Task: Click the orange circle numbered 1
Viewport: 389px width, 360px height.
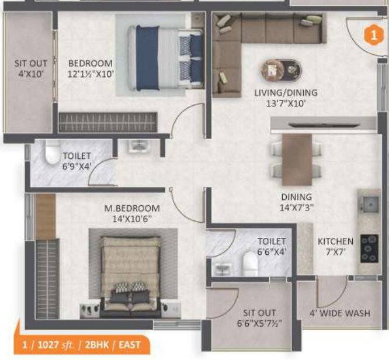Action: (x=370, y=34)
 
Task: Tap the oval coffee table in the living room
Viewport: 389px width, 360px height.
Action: (x=281, y=70)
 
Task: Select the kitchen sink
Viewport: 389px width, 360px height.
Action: (x=369, y=205)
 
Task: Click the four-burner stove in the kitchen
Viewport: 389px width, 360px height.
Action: (x=369, y=248)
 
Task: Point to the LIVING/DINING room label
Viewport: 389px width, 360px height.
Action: (x=286, y=93)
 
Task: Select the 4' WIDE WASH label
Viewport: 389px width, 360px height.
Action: (x=341, y=313)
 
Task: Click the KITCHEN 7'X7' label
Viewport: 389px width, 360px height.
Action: (x=335, y=247)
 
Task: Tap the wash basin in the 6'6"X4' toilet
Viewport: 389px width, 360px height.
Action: (x=223, y=268)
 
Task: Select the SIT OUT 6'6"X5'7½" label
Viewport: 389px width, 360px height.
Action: (x=260, y=318)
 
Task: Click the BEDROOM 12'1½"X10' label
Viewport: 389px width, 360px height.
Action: (x=91, y=68)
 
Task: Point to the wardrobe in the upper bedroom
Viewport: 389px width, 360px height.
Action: (x=108, y=122)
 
